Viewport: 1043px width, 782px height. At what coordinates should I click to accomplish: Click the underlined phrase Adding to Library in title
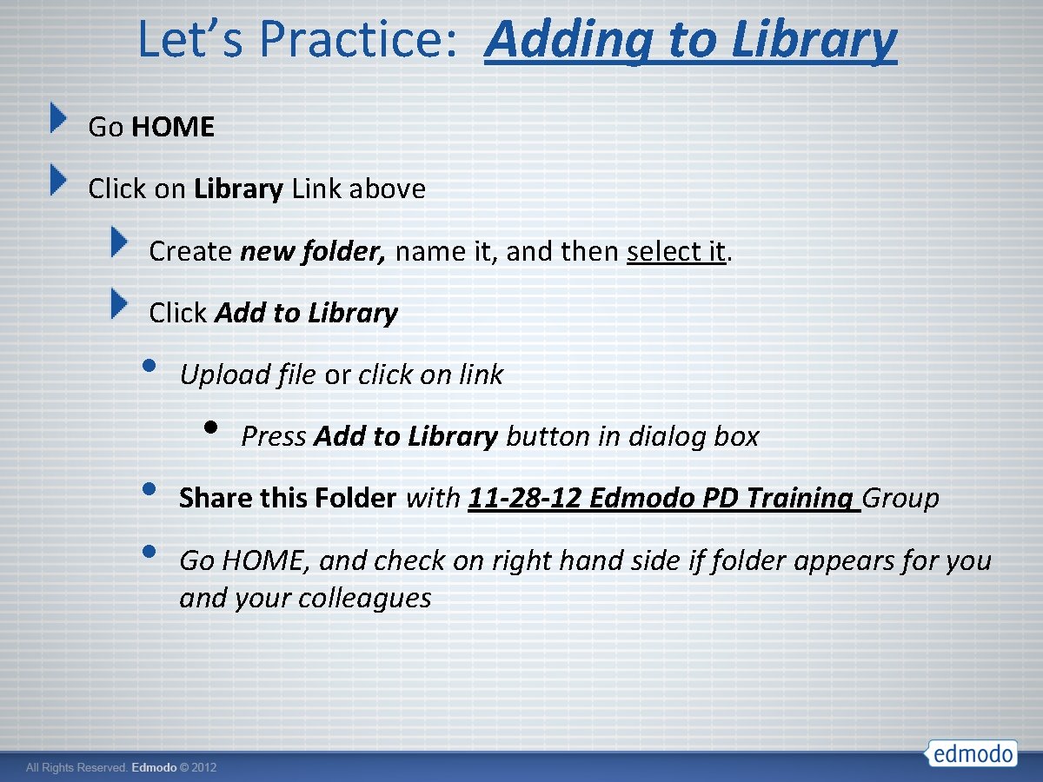coord(690,40)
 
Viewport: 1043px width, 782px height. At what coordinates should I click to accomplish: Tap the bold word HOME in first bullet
coord(174,127)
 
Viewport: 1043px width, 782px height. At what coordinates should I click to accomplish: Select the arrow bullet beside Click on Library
coord(57,180)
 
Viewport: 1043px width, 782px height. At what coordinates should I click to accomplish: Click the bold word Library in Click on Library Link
coord(238,189)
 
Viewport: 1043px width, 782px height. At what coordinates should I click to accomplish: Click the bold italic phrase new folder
coord(313,251)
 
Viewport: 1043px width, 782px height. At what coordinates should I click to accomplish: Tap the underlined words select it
coord(675,251)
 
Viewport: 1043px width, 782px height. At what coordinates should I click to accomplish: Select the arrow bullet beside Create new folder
coord(119,242)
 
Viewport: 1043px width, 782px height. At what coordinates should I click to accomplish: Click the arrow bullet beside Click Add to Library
coord(119,304)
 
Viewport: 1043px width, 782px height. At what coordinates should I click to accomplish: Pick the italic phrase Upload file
coord(248,374)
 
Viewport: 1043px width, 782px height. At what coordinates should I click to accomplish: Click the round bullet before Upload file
coord(149,365)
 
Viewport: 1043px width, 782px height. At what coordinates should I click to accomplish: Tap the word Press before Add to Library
coord(274,436)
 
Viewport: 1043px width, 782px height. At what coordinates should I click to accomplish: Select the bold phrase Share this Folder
coord(287,498)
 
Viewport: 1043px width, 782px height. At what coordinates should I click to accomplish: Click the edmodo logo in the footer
coord(971,752)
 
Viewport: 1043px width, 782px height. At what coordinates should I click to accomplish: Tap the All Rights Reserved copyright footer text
coord(121,768)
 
